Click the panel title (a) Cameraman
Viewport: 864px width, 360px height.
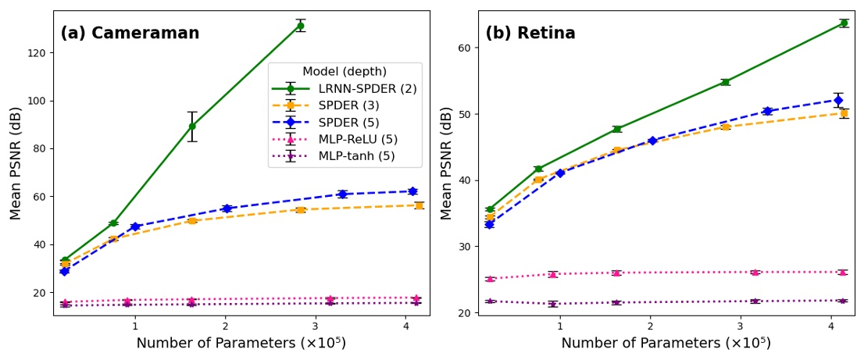tap(130, 34)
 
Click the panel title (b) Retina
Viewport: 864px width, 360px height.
tap(530, 34)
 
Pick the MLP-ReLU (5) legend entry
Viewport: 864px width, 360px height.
tap(359, 139)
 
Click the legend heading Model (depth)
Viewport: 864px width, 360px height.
tap(345, 72)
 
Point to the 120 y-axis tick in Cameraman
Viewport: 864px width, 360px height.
tap(36, 53)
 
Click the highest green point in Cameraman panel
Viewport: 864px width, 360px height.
tap(300, 26)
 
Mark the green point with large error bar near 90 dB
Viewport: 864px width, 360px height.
tap(192, 126)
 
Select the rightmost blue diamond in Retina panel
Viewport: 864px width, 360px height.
tap(838, 100)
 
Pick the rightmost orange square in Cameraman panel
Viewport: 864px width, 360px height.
tap(419, 205)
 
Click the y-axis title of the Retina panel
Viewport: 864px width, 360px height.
tap(447, 163)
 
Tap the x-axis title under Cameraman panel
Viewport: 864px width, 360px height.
tap(241, 344)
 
